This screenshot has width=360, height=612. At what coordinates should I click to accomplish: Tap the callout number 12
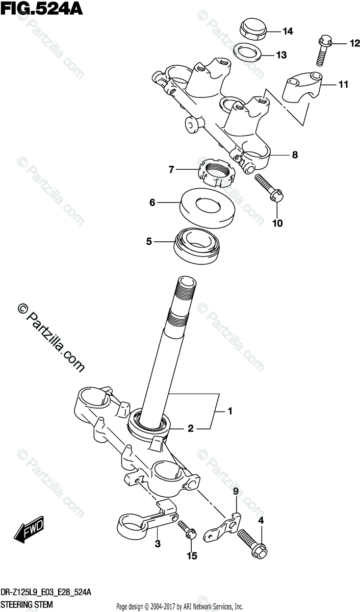(x=341, y=44)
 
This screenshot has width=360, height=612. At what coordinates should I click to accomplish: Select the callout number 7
(x=172, y=169)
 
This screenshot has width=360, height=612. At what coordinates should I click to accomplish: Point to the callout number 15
(x=191, y=555)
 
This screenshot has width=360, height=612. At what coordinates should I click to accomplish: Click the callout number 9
(x=236, y=492)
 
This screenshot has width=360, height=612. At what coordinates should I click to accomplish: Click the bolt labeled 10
(x=270, y=187)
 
